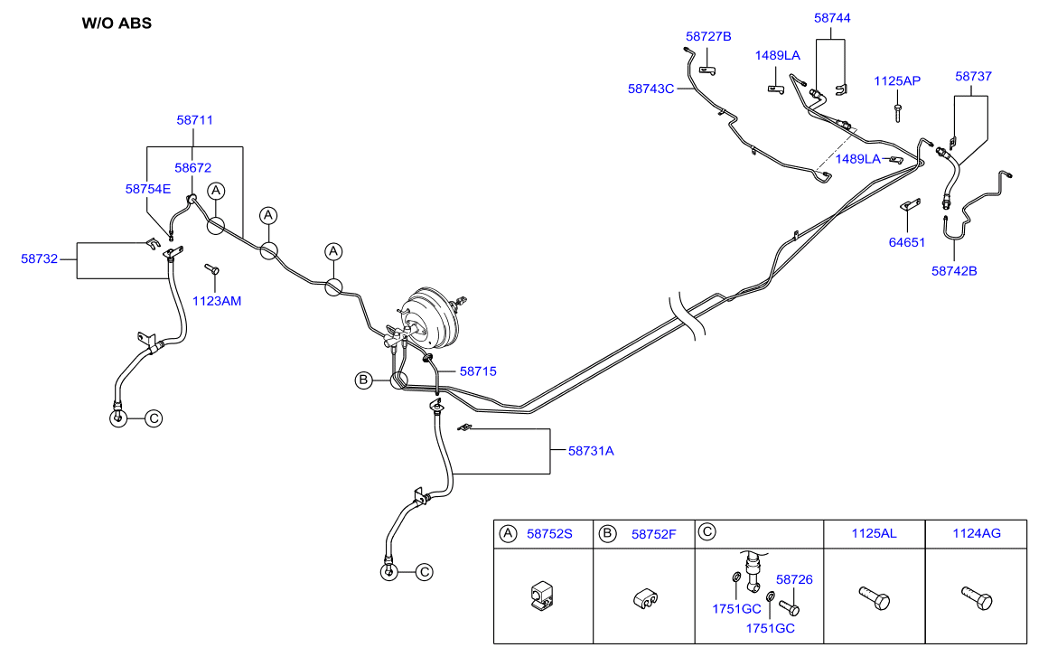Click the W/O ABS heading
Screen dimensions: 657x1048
(x=117, y=23)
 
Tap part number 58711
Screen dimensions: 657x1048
(x=194, y=119)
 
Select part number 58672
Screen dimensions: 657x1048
(x=192, y=167)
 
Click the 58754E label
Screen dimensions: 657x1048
(x=147, y=189)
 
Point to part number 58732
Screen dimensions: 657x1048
(x=40, y=258)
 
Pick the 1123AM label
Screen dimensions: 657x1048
(x=217, y=300)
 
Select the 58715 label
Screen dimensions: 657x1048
(x=478, y=371)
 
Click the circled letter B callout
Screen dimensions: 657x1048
(x=362, y=380)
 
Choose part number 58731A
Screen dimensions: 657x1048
(x=591, y=450)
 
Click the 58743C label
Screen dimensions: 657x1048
(x=651, y=89)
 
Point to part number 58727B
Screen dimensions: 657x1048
(x=708, y=37)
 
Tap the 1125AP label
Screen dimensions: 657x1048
(x=897, y=80)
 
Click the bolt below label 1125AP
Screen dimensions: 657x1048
(x=897, y=112)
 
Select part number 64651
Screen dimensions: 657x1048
(x=907, y=242)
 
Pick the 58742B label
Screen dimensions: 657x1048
(x=954, y=270)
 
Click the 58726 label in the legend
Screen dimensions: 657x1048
(x=794, y=579)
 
